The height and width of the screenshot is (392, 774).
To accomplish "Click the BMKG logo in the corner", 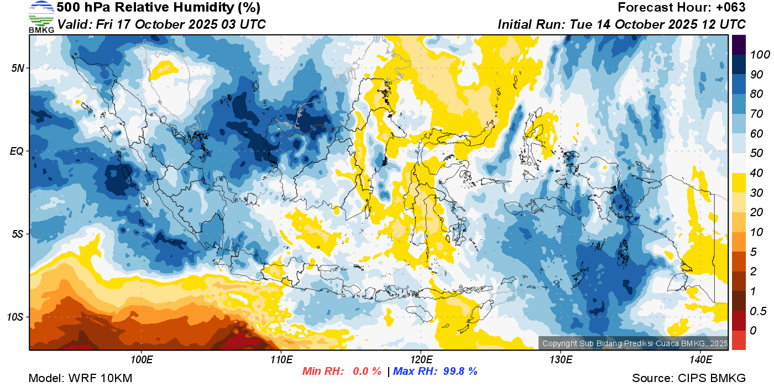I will click(41, 17).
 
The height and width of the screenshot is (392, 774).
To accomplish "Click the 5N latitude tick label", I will click(17, 68).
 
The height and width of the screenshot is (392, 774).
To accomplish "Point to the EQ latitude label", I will click(17, 151).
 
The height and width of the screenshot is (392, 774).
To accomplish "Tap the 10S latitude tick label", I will click(15, 317).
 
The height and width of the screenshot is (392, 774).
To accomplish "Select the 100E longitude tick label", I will click(142, 360).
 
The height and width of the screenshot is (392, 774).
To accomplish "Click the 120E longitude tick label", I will click(421, 360).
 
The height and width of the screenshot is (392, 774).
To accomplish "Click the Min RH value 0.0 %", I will click(367, 372).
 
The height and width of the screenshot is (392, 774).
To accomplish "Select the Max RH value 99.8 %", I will click(460, 372).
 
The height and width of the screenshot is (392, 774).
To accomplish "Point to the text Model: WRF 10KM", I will click(80, 378).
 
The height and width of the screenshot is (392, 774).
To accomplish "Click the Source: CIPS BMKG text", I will click(689, 378).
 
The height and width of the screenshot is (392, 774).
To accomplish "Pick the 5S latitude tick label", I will click(17, 234).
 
